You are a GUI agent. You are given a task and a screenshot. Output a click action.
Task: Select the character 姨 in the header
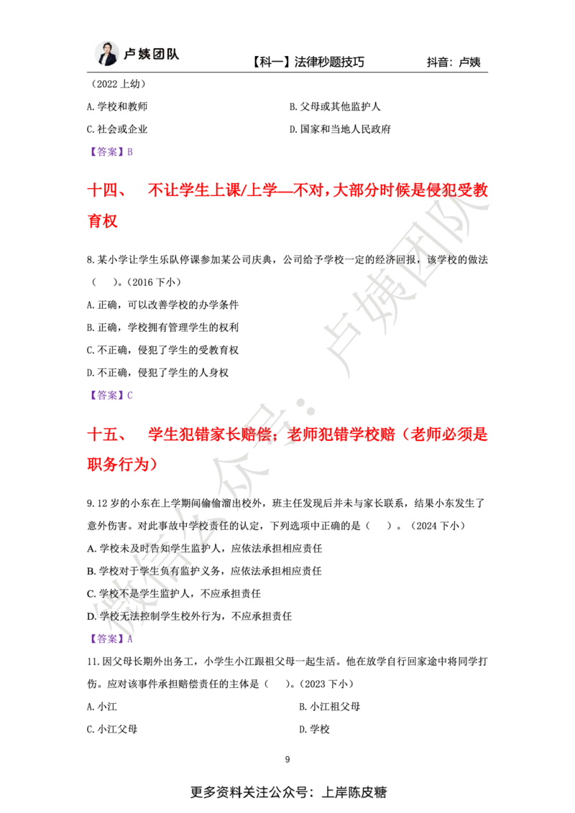[147, 55]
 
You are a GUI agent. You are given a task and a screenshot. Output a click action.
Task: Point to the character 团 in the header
[162, 55]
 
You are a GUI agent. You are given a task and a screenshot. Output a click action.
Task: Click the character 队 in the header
[176, 55]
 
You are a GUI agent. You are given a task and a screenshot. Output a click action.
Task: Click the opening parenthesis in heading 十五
[408, 435]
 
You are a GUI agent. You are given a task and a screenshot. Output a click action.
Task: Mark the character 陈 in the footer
[358, 793]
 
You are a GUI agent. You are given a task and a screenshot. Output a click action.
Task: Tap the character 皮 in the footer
[372, 793]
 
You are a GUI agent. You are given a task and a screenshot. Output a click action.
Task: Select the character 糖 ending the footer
[386, 793]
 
